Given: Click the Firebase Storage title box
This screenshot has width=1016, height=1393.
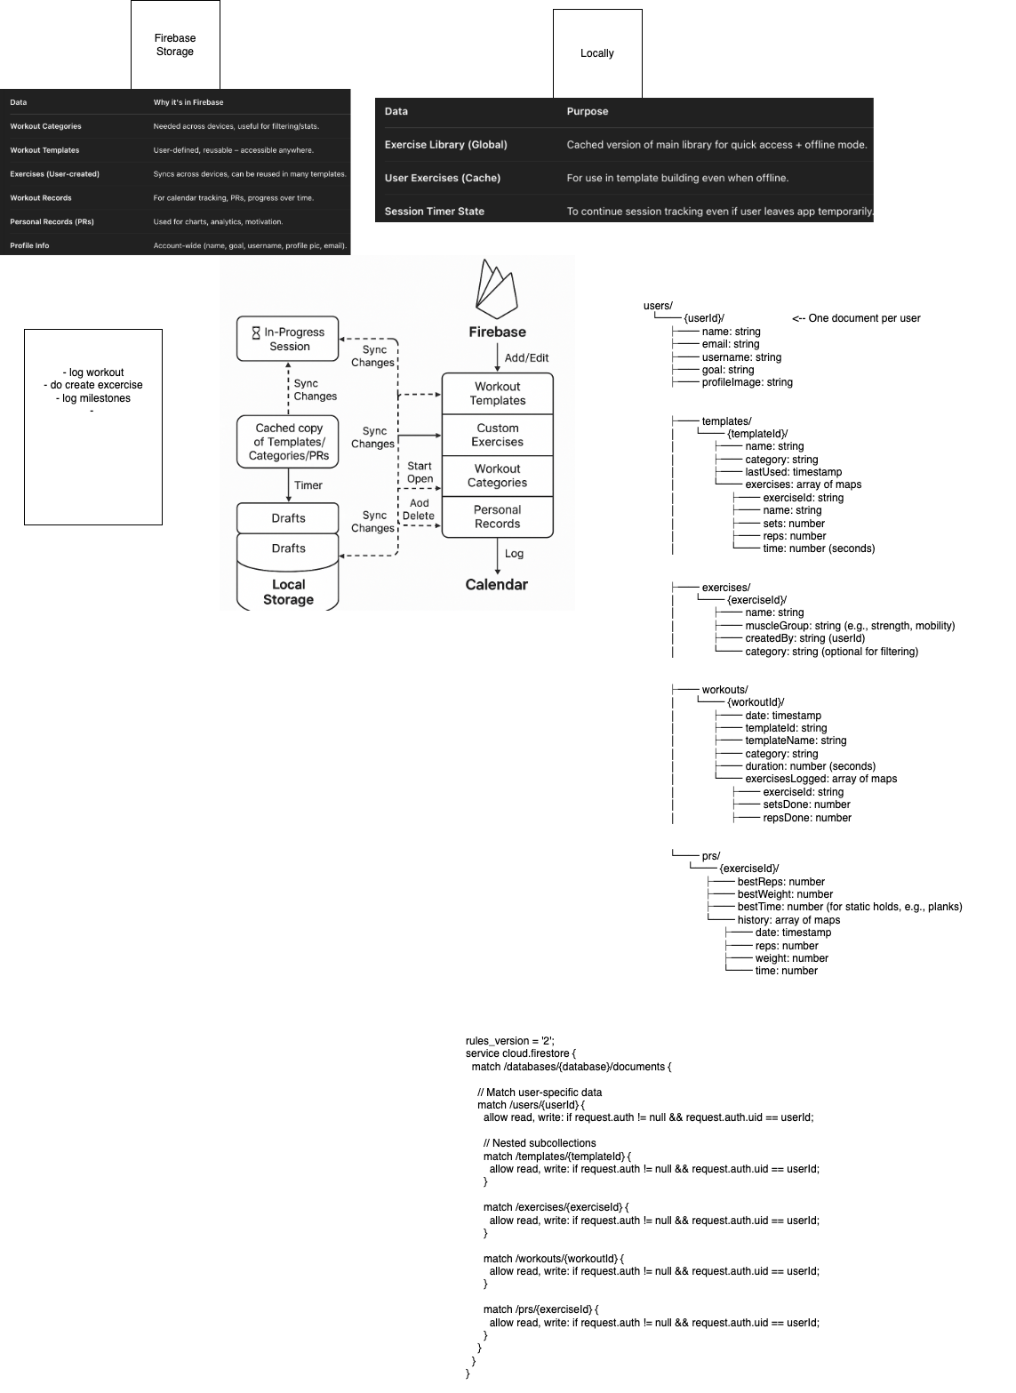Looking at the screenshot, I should [x=175, y=44].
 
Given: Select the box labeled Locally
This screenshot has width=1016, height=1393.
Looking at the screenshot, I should [x=597, y=53].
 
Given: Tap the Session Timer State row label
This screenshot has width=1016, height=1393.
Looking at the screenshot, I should [x=435, y=212].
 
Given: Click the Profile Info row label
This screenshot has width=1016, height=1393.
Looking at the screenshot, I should [x=29, y=245].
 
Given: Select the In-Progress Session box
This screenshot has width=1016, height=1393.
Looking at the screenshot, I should [x=288, y=339].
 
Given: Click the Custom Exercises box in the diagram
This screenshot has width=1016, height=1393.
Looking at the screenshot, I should [x=498, y=435].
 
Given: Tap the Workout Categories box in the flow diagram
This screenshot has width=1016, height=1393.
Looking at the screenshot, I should [x=498, y=476].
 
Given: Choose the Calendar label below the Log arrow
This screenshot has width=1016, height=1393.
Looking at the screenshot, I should [x=497, y=584].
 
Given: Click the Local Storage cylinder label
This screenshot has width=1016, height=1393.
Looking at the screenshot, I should [x=288, y=591].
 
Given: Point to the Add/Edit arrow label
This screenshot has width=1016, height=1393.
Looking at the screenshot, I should [x=527, y=357].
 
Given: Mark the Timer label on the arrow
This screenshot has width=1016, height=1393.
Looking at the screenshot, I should [x=308, y=485].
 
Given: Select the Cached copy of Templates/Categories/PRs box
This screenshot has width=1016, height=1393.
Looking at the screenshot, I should [x=288, y=442].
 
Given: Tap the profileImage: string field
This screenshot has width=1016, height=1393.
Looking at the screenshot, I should [x=747, y=382].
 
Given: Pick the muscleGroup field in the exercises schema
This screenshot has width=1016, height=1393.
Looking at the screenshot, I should [x=849, y=626].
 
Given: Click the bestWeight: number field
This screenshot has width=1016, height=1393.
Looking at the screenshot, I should [x=785, y=894].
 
